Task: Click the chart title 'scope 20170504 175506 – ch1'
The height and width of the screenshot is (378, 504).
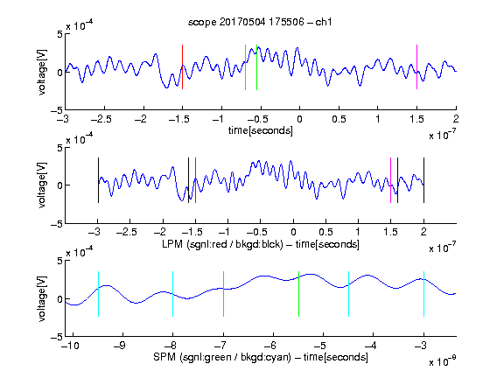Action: tap(260, 22)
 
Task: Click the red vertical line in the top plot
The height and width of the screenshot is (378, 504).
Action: tap(182, 66)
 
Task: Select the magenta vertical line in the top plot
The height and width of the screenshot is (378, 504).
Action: tap(416, 66)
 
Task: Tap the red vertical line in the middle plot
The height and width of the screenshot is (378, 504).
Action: tap(195, 180)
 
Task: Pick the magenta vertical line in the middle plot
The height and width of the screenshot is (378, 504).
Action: tap(390, 180)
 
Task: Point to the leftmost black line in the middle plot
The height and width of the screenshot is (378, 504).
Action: tap(98, 180)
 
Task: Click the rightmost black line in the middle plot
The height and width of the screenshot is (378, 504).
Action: tap(423, 180)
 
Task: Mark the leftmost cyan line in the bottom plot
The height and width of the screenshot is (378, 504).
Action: tap(98, 294)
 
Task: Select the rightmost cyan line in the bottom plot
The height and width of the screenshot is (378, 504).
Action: tap(423, 294)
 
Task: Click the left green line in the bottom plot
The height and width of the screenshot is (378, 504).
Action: tap(223, 294)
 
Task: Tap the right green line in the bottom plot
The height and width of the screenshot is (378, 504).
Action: tap(298, 294)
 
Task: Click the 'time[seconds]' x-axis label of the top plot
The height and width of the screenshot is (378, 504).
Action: tap(261, 130)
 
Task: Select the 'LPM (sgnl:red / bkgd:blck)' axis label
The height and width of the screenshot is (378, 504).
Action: tap(222, 244)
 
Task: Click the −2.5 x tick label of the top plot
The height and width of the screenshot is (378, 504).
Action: tap(101, 119)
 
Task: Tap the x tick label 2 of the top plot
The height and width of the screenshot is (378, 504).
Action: tap(456, 119)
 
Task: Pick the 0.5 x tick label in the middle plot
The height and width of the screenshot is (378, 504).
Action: tap(325, 232)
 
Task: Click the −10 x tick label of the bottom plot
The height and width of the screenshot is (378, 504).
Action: tap(70, 346)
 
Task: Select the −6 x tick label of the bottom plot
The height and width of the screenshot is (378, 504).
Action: tap(272, 346)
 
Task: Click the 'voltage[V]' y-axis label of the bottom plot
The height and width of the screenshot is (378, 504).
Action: tap(42, 298)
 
